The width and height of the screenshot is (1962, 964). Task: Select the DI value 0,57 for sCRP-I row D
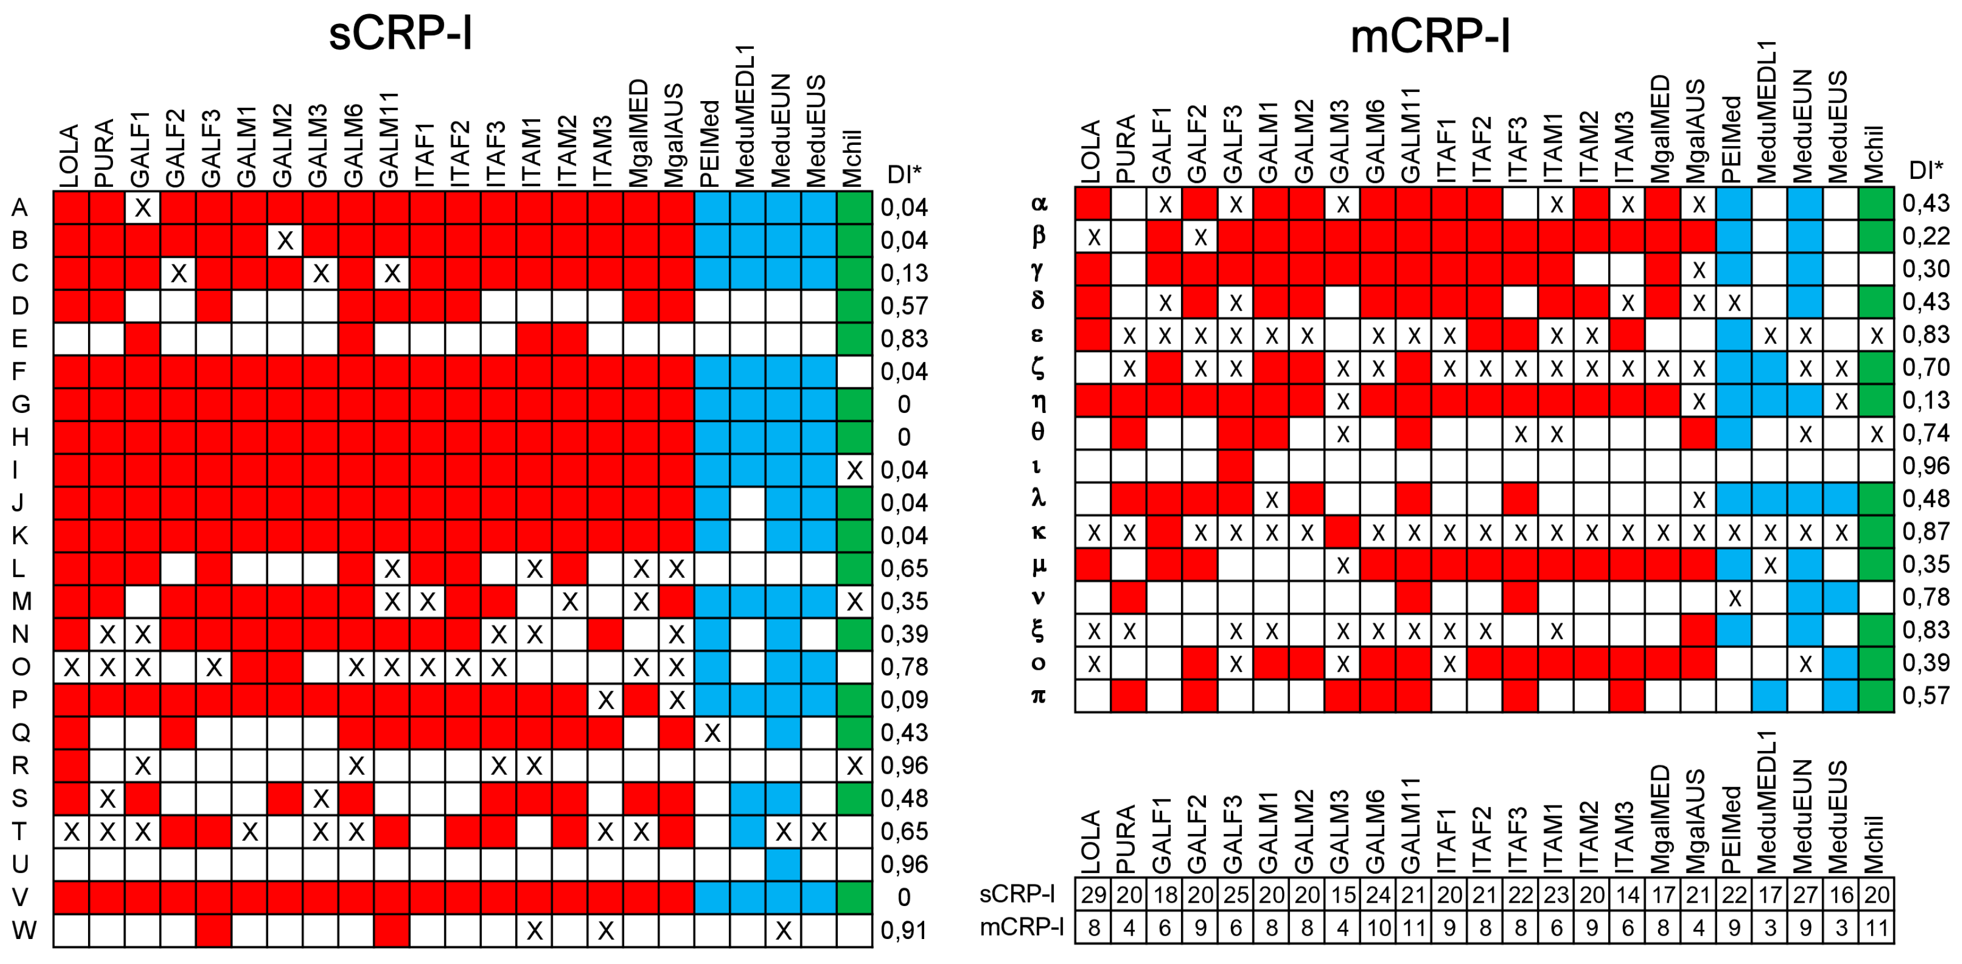[x=904, y=306]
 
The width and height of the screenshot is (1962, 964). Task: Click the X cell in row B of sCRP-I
[x=285, y=241]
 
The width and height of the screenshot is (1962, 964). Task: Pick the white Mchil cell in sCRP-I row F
[x=854, y=372]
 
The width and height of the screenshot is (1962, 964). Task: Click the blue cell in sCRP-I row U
[x=783, y=864]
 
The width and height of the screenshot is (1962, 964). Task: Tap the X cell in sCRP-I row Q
[x=712, y=733]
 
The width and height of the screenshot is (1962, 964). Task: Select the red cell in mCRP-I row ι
[x=1235, y=466]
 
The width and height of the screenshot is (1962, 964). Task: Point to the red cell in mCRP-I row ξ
[x=1698, y=631]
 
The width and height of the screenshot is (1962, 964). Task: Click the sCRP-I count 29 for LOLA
[x=1093, y=895]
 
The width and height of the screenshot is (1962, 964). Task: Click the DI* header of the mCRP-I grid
[x=1926, y=169]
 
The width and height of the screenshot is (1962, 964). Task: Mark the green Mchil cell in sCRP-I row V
[x=854, y=897]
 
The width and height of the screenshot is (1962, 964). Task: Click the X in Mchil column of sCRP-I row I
[x=854, y=470]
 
